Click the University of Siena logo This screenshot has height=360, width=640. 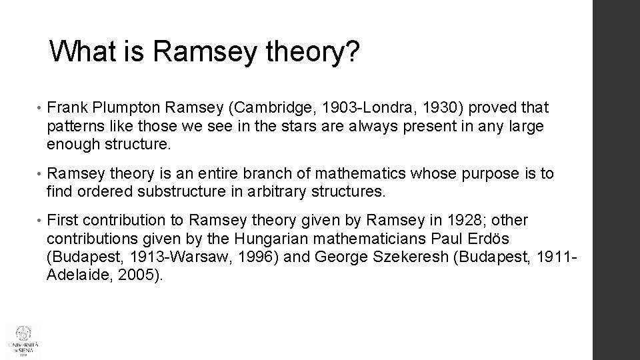click(23, 341)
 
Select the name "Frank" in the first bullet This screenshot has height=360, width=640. click(68, 107)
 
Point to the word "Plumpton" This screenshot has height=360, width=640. click(124, 107)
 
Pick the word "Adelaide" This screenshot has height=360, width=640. click(77, 276)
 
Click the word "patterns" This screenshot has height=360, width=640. click(74, 126)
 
